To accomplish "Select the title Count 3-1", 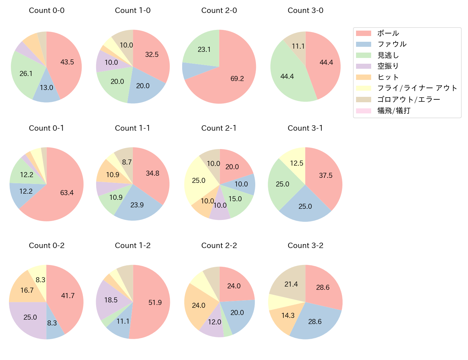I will point(305,128).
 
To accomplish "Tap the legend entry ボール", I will point(388,33).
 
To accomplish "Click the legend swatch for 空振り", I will point(363,66).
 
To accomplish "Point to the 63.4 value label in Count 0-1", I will point(67,193).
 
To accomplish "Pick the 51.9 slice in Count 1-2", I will point(153,302).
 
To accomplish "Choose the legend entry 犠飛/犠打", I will point(394,111).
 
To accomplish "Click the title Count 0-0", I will point(47,10).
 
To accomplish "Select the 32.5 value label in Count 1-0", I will point(152,54).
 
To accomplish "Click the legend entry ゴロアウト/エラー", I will point(408,99).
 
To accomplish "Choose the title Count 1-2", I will point(133,246).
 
